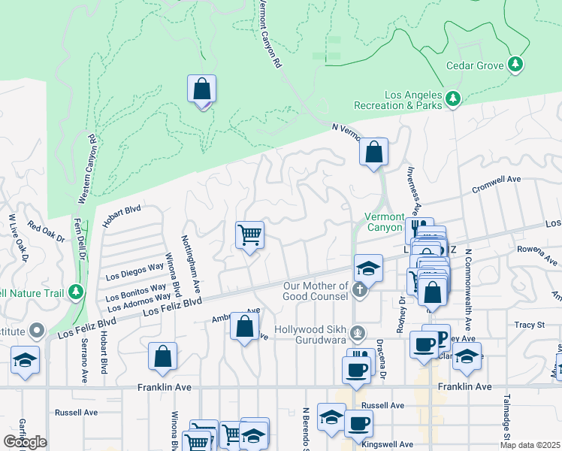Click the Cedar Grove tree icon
[x=515, y=65]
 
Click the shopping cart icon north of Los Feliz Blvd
[x=249, y=235]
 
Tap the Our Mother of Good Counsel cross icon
[x=360, y=289]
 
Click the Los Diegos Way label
[x=135, y=268]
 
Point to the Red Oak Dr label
[x=47, y=231]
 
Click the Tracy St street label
[x=529, y=325]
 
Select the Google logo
[x=25, y=442]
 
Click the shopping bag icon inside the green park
[x=201, y=89]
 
